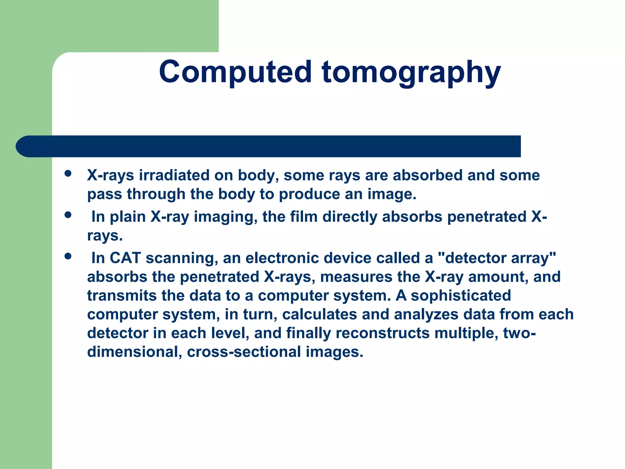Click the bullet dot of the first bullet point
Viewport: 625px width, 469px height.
coord(68,174)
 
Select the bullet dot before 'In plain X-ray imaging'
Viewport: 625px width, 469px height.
coord(68,215)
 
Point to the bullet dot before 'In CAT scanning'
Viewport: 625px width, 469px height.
coord(68,256)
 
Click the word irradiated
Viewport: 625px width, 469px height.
coord(174,175)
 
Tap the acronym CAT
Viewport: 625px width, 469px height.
coord(125,258)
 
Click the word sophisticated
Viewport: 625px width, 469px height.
coord(461,295)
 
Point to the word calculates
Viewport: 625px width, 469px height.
coord(319,314)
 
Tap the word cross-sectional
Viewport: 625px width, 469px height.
coord(244,352)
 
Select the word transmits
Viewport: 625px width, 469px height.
coord(122,295)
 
